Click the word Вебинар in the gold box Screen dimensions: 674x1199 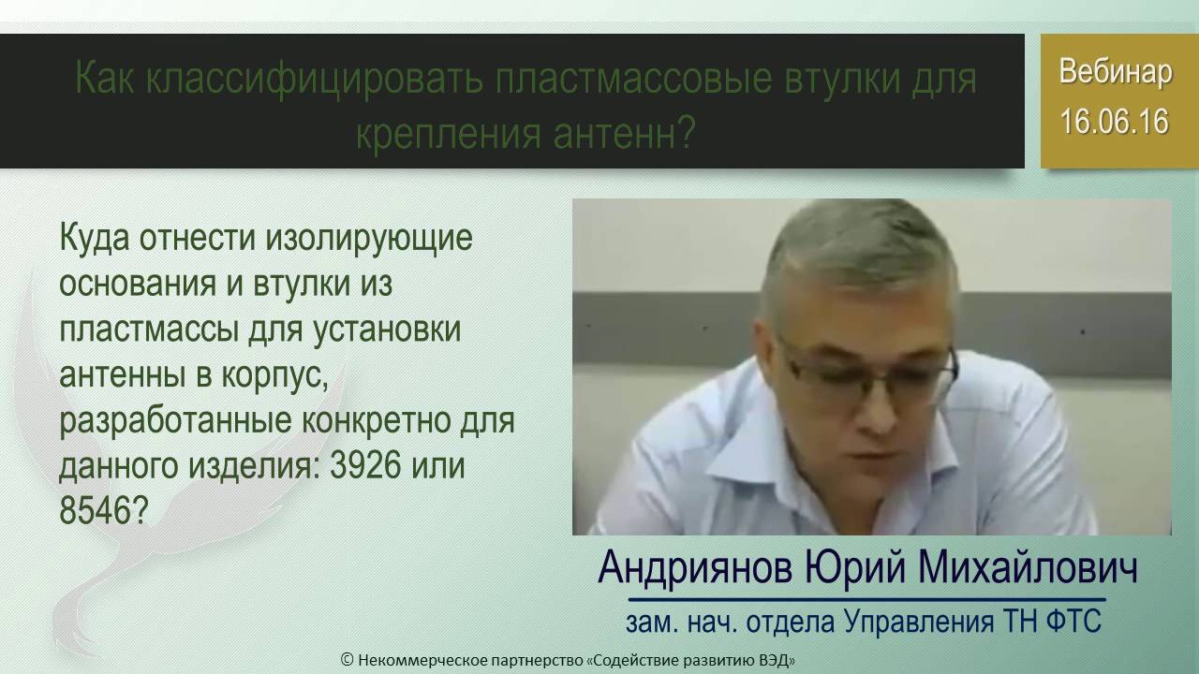tap(1115, 73)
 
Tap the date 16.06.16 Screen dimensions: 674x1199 tap(1115, 123)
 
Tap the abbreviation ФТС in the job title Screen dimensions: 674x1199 tap(1072, 621)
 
